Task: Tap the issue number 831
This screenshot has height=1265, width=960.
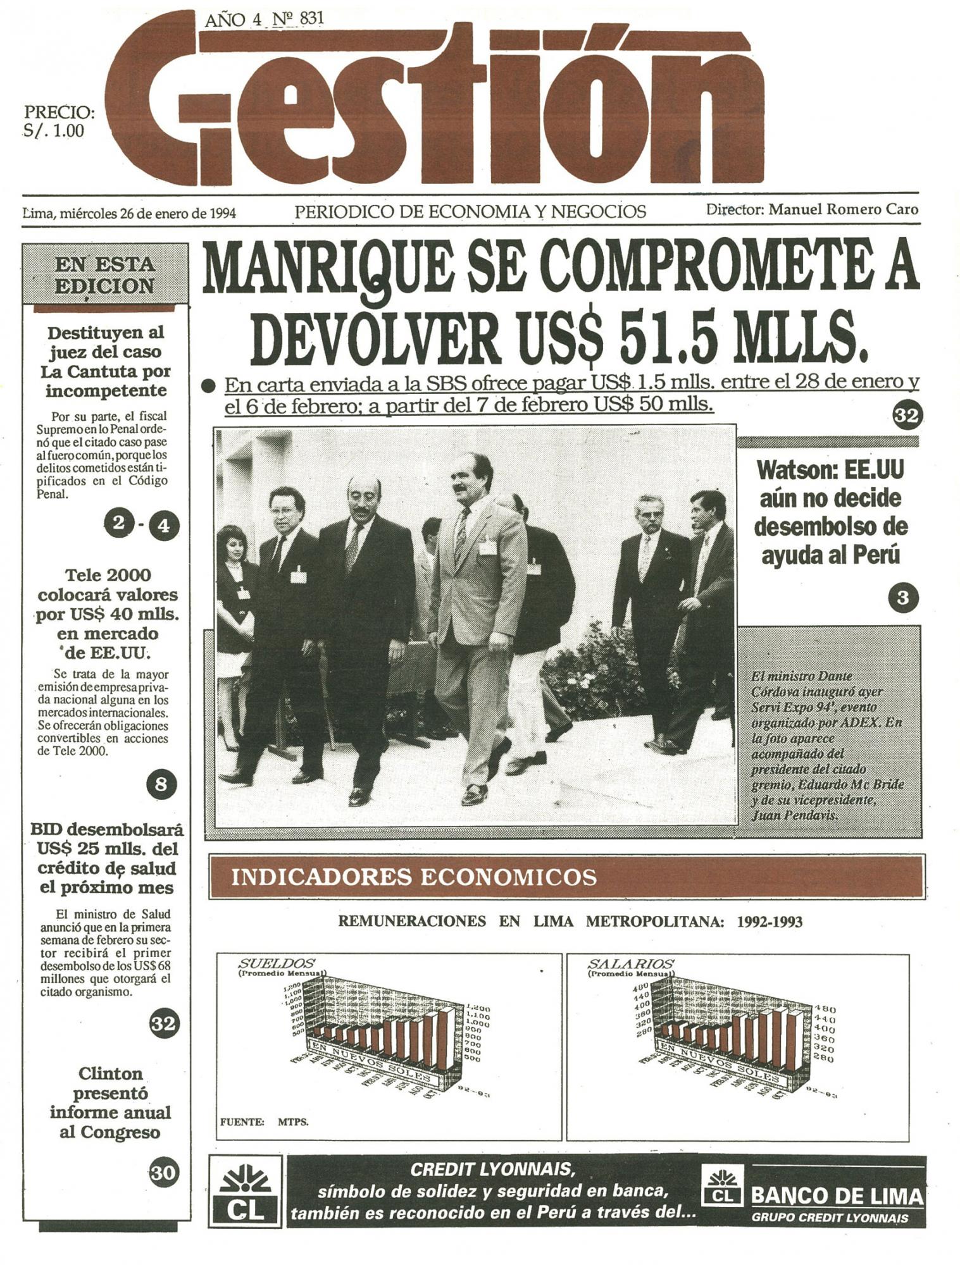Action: (311, 18)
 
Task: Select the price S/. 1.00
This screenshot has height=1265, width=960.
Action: (54, 131)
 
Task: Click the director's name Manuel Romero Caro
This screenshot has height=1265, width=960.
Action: (843, 209)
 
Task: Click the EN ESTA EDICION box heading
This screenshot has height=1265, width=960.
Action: (105, 275)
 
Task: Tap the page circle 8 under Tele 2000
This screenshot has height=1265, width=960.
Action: (161, 785)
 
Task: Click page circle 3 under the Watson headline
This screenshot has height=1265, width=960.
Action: (903, 598)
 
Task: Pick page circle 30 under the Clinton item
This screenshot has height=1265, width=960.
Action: (163, 1173)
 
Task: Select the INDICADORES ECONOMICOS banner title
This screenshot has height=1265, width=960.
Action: (414, 877)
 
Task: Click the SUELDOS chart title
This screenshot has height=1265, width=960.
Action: (277, 963)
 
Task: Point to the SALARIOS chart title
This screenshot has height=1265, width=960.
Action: (630, 964)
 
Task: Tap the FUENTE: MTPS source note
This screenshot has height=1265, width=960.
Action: (264, 1122)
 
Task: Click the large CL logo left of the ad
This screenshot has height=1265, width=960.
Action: (246, 1192)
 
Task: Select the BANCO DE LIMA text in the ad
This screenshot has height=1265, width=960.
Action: (837, 1195)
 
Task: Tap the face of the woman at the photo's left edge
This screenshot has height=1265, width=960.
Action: (232, 544)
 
